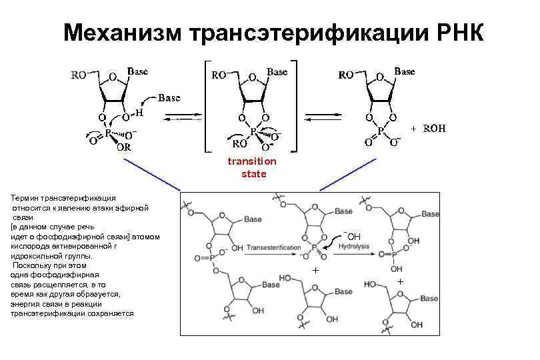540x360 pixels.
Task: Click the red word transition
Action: coord(251,161)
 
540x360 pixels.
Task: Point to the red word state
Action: coord(254,174)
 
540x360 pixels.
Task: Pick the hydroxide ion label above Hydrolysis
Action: coord(352,236)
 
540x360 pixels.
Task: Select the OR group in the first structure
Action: coord(124,148)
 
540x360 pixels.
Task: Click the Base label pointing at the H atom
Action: coord(169,97)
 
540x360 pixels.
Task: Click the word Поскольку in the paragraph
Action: coord(31,265)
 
